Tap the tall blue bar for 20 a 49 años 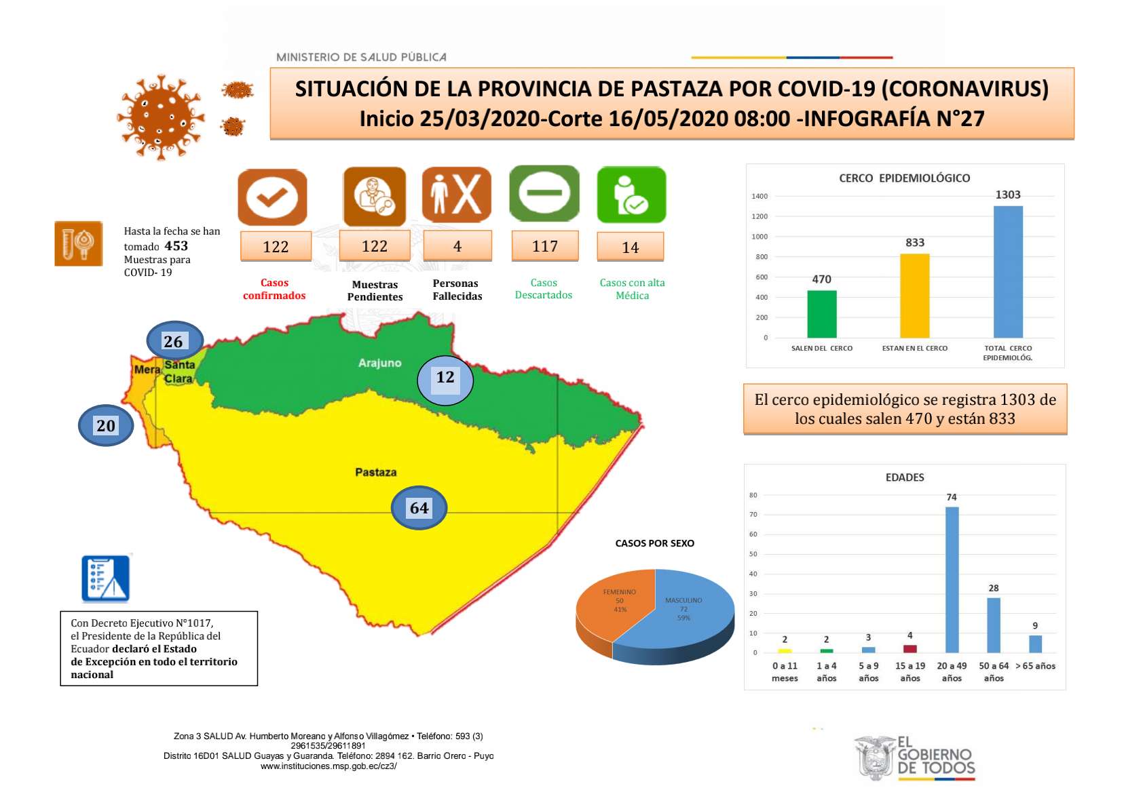pos(952,580)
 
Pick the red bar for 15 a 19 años pos(910,649)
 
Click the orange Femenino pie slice pos(611,604)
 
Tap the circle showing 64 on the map pos(419,508)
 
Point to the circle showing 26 pos(174,341)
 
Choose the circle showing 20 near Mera pos(106,425)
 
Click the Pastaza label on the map pos(375,472)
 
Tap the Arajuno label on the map pos(379,363)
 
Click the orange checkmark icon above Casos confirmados pos(272,197)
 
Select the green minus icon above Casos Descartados pos(544,193)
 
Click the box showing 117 pos(545,246)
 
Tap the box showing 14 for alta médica pos(630,248)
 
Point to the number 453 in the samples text pos(176,246)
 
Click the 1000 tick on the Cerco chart pos(759,237)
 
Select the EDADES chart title pos(905,477)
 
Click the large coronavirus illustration pos(160,117)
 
